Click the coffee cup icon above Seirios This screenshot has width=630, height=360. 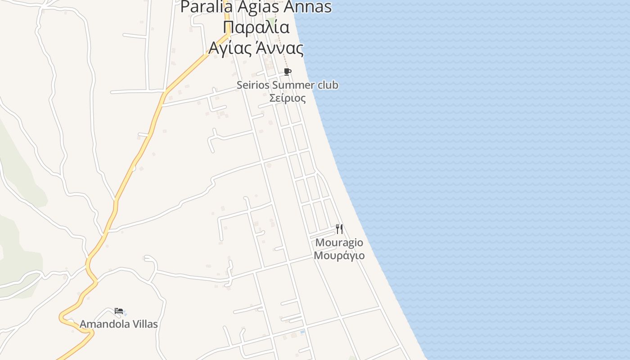[x=288, y=72]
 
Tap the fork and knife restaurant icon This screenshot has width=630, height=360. [x=339, y=229]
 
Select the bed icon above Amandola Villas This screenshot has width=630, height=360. [x=119, y=311]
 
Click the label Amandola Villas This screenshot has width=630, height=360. [x=119, y=324]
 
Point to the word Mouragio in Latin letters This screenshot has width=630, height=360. [x=339, y=243]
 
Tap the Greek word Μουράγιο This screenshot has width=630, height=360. [x=339, y=256]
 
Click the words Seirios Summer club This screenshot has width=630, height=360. [x=288, y=85]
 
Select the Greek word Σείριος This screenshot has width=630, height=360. [x=288, y=98]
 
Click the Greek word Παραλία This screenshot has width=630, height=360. [x=256, y=27]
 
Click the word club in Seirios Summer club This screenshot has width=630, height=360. [x=328, y=85]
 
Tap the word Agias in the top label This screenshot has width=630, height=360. [x=257, y=7]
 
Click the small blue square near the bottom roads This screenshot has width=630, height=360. [x=302, y=332]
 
